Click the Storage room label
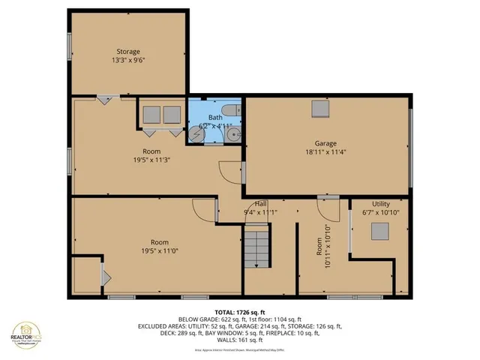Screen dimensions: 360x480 tap(127, 52)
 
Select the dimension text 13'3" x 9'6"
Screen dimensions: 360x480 tap(127, 61)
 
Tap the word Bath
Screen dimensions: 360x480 tap(215, 118)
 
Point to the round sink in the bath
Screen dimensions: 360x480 tap(234, 136)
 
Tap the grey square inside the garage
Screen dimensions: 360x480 tap(320, 109)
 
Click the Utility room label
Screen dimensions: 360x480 tap(381, 204)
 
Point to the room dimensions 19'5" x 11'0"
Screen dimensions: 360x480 tap(158, 251)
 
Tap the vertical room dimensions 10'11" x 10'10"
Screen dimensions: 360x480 tap(322, 247)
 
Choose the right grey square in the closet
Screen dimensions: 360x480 tap(172, 115)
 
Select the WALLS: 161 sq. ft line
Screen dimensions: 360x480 tap(240, 342)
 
